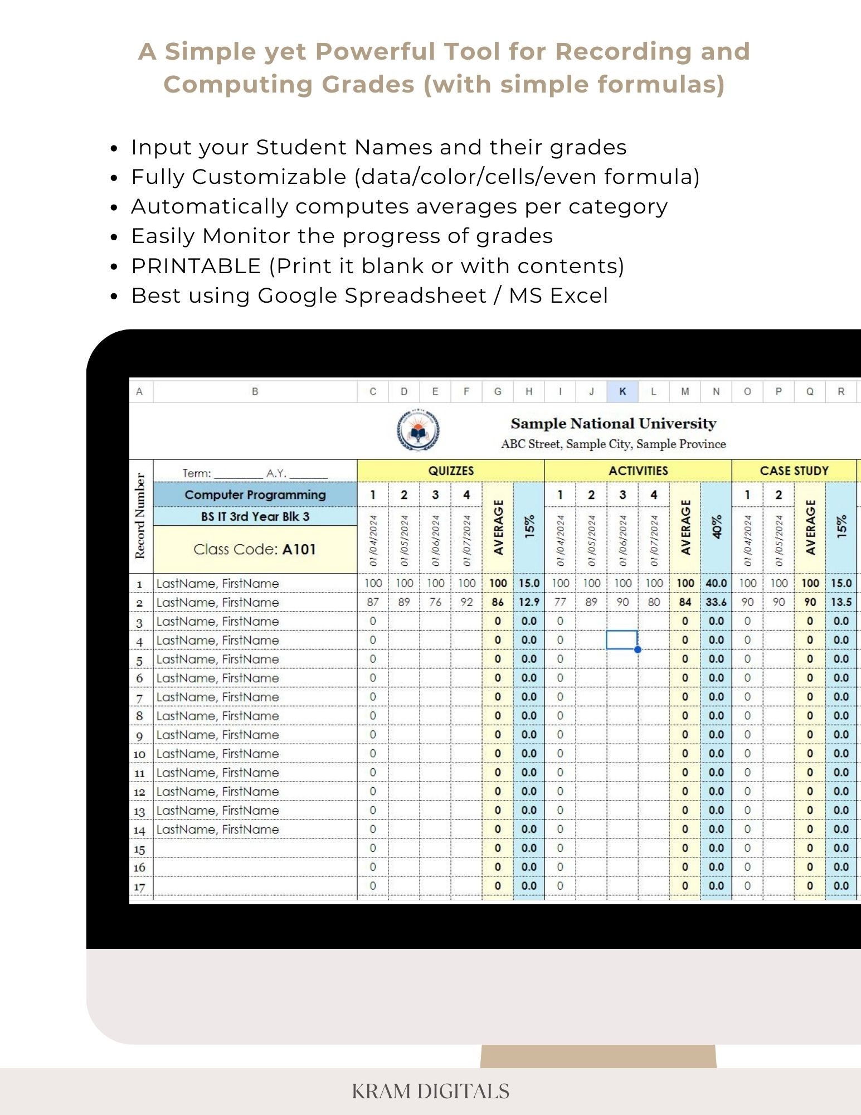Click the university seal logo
[417, 430]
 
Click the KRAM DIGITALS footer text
[430, 1090]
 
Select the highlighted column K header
[622, 391]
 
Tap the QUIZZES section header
[450, 471]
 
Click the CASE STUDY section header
[794, 471]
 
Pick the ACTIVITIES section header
[638, 471]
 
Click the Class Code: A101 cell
[255, 549]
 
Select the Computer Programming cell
[255, 495]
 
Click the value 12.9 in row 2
[528, 602]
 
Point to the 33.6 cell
[716, 602]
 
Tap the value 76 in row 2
[435, 602]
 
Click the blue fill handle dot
[638, 649]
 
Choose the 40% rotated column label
[717, 526]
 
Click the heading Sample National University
[613, 424]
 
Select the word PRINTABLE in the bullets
[196, 266]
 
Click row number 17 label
[139, 886]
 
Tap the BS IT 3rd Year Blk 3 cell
[255, 516]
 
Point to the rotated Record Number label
[140, 516]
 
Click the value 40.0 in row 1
[716, 583]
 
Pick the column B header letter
[255, 391]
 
